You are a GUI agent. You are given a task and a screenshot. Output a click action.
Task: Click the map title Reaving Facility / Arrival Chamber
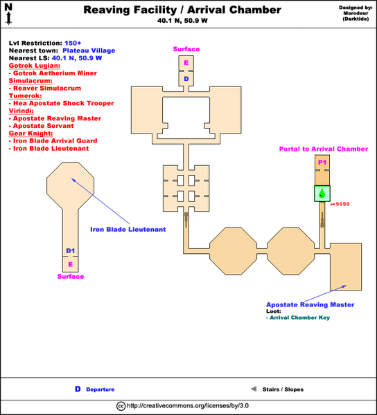182,10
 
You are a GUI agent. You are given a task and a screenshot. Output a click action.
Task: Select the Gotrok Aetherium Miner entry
51,73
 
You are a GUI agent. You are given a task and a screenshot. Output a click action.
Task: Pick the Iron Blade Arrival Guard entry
53,140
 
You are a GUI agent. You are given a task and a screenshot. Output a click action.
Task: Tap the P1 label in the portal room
322,162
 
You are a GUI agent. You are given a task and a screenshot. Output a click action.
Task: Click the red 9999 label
343,205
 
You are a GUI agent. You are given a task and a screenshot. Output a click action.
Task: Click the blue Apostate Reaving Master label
310,304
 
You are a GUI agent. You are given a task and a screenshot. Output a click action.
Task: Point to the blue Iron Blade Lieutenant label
128,230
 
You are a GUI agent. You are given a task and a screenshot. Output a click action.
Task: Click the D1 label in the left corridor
70,251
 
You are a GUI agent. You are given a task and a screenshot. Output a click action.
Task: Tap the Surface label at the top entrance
186,49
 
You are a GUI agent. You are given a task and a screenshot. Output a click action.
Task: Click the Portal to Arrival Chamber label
323,149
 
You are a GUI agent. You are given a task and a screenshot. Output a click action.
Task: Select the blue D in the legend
78,389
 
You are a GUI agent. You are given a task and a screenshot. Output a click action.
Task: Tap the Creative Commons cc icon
121,406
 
